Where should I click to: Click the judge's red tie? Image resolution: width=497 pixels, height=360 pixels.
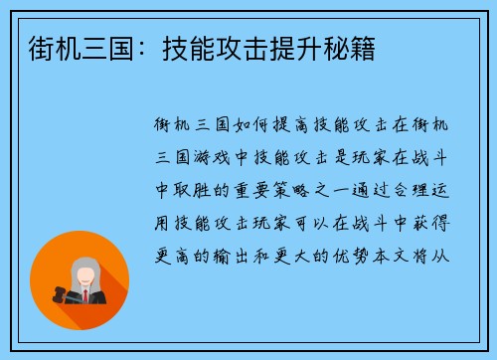tap(86, 295)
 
